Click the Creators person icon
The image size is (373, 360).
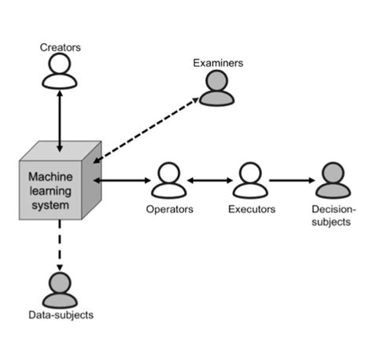click(x=60, y=72)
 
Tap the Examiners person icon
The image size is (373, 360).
click(x=216, y=88)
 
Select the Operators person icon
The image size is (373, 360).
click(x=169, y=180)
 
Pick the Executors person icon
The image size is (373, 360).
click(x=250, y=180)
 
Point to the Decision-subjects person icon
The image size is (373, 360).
click(x=333, y=180)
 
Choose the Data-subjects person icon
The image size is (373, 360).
click(x=60, y=290)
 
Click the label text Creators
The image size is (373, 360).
click(x=61, y=47)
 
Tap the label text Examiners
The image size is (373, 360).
click(x=218, y=63)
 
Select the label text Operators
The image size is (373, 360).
click(x=170, y=209)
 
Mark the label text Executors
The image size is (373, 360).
click(x=252, y=209)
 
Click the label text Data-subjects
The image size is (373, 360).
click(x=61, y=315)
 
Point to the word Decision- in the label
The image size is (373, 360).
click(x=334, y=209)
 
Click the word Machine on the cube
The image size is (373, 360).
click(x=50, y=177)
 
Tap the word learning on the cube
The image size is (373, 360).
click(x=50, y=191)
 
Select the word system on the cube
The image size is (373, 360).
click(x=50, y=205)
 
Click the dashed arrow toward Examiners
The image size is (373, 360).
click(x=146, y=130)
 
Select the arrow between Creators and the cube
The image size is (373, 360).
click(x=60, y=121)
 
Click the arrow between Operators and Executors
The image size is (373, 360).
click(x=210, y=180)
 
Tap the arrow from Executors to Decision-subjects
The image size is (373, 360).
click(x=292, y=180)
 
